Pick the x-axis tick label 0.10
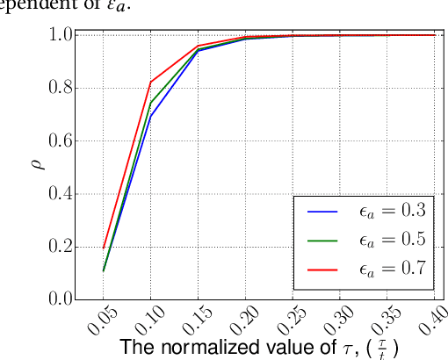(x=144, y=320)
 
